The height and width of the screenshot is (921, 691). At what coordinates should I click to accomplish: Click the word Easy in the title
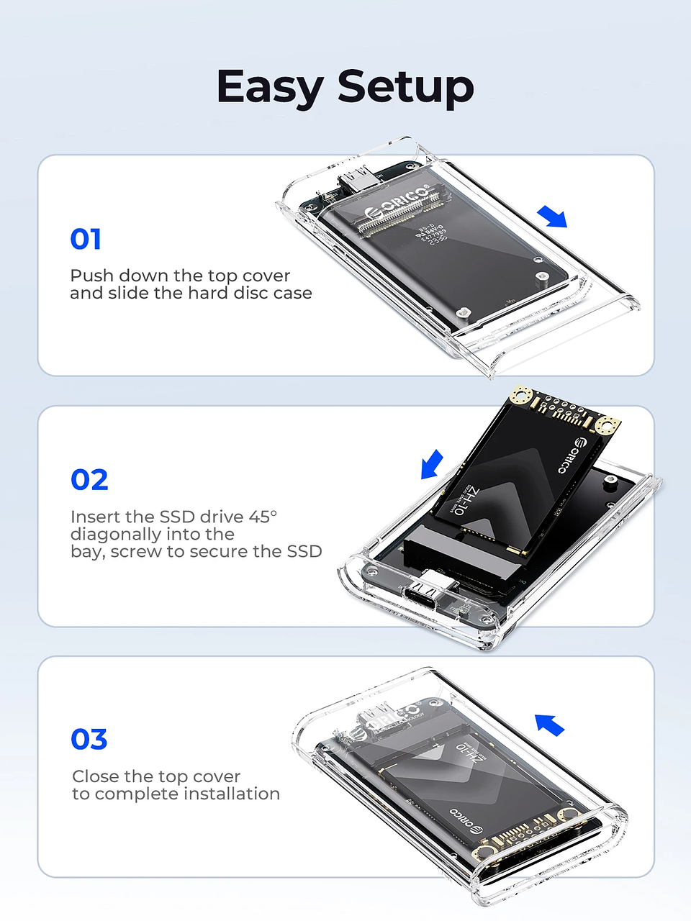pos(270,88)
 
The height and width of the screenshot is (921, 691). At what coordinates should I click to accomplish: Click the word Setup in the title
pos(406,88)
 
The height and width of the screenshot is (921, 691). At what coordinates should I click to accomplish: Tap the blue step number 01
pos(86,239)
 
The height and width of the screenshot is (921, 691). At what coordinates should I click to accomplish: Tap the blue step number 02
pos(89,480)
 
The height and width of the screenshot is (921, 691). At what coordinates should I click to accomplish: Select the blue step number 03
pos(89,739)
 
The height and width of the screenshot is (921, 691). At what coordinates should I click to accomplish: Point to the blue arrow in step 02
pos(432,464)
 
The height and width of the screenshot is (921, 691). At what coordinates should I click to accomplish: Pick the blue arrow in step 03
pos(550,725)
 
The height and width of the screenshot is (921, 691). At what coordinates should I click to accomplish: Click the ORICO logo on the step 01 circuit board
pos(398,203)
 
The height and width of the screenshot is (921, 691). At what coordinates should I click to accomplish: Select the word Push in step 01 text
pos(91,276)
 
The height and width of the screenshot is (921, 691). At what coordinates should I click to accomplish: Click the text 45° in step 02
pos(263,517)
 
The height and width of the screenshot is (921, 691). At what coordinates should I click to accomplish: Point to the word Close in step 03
pos(96,776)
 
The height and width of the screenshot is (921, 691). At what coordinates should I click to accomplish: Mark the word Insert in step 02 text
pos(95,517)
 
